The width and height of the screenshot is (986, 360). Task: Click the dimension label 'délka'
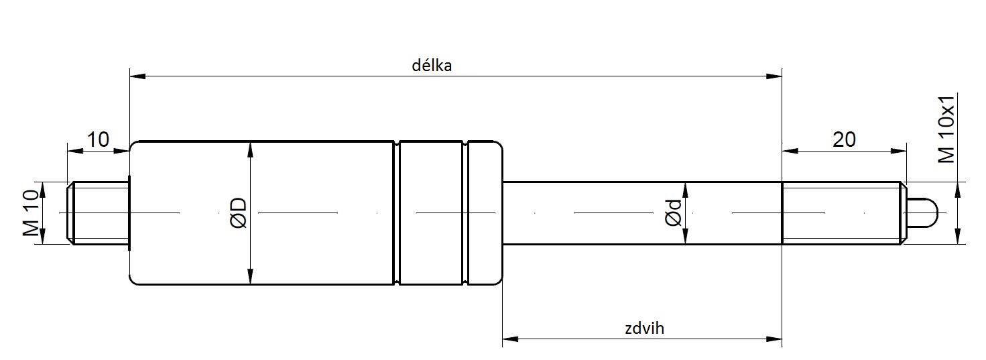432,66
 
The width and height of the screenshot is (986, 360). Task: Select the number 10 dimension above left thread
98,140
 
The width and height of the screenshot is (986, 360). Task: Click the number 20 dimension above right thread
844,140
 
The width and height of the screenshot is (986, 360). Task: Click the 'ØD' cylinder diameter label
239,213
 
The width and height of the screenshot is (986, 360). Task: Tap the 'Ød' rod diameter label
674,213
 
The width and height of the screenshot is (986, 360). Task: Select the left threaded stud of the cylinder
99,213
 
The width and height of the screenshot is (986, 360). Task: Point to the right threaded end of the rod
843,213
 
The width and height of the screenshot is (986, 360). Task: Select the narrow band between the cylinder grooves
432,213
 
